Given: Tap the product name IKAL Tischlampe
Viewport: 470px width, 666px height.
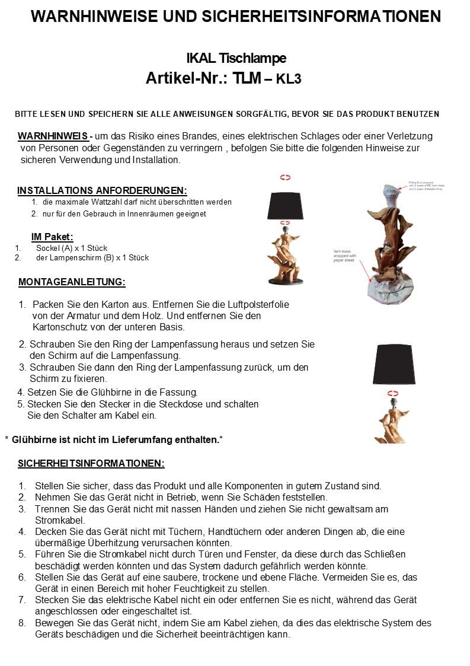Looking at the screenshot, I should (x=236, y=58).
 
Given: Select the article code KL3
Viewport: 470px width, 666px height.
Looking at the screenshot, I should (x=289, y=79).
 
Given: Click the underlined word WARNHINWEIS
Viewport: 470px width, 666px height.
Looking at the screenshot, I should (x=53, y=136).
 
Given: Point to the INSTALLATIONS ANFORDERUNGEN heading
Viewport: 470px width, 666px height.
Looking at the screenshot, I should (x=102, y=191).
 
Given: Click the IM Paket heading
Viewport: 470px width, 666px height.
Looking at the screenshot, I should (x=52, y=237).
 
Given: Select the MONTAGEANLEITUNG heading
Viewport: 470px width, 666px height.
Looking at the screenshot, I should (x=72, y=282).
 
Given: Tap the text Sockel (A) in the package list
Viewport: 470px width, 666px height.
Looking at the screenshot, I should (x=55, y=248).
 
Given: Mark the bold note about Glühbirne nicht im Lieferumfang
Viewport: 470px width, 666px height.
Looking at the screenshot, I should (x=116, y=439).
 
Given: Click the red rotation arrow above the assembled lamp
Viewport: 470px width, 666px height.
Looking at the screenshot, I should (x=285, y=177).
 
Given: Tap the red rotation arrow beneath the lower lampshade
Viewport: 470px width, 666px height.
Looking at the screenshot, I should (x=392, y=393).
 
